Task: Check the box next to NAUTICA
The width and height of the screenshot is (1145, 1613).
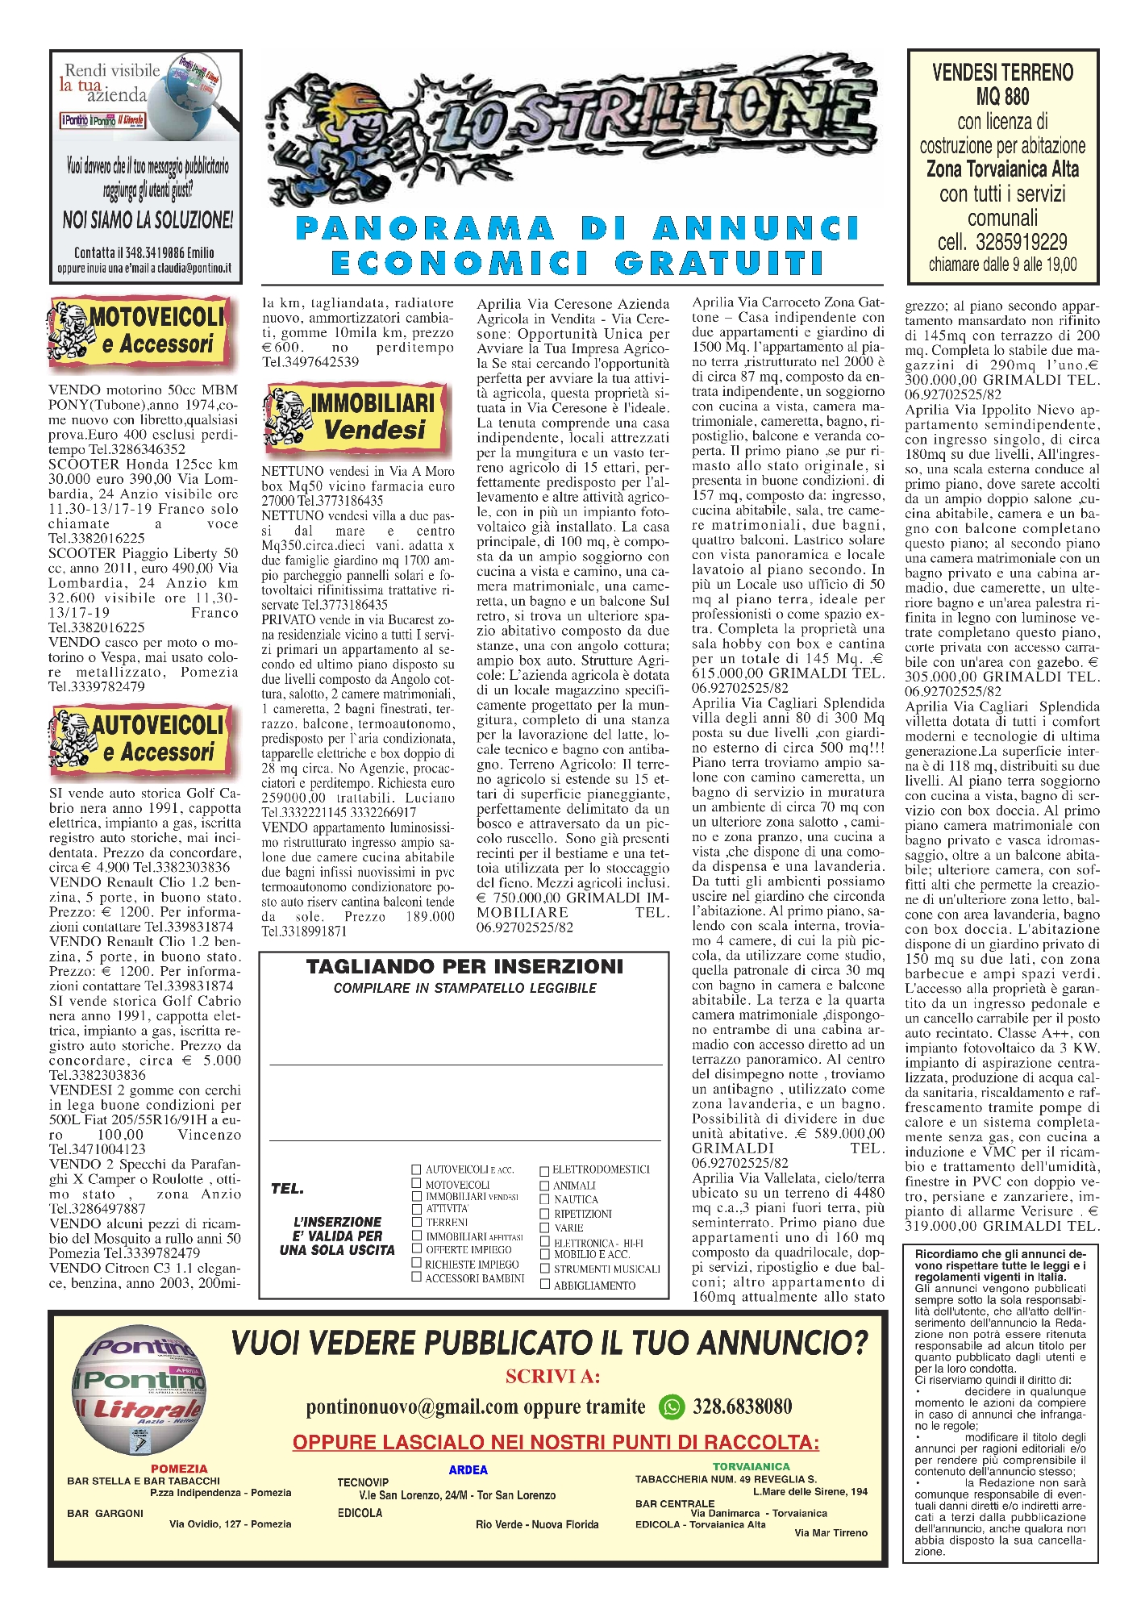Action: pyautogui.click(x=544, y=1199)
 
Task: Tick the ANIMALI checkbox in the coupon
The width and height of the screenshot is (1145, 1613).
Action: pyautogui.click(x=544, y=1186)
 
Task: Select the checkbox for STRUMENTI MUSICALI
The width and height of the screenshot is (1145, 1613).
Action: pyautogui.click(x=545, y=1269)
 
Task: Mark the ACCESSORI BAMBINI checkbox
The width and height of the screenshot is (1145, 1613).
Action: pyautogui.click(x=417, y=1277)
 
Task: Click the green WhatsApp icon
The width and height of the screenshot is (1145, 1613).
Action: pyautogui.click(x=672, y=1407)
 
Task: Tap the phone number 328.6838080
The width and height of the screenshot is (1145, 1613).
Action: pyautogui.click(x=742, y=1407)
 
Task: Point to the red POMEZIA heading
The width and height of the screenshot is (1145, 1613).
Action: pyautogui.click(x=179, y=1469)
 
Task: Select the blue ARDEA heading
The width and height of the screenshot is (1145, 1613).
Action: pyautogui.click(x=468, y=1469)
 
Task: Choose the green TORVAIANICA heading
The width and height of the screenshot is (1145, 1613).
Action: pyautogui.click(x=751, y=1466)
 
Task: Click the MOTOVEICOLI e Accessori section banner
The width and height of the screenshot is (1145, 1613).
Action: pyautogui.click(x=141, y=331)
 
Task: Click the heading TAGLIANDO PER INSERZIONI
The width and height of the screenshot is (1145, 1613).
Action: pyautogui.click(x=464, y=966)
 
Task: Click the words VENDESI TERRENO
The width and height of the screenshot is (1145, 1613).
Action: pyautogui.click(x=1002, y=73)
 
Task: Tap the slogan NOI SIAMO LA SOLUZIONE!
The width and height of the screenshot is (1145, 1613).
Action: pyautogui.click(x=148, y=219)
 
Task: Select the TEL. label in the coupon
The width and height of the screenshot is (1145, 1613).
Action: pyautogui.click(x=287, y=1189)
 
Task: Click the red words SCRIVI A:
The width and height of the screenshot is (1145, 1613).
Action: pyautogui.click(x=552, y=1376)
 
